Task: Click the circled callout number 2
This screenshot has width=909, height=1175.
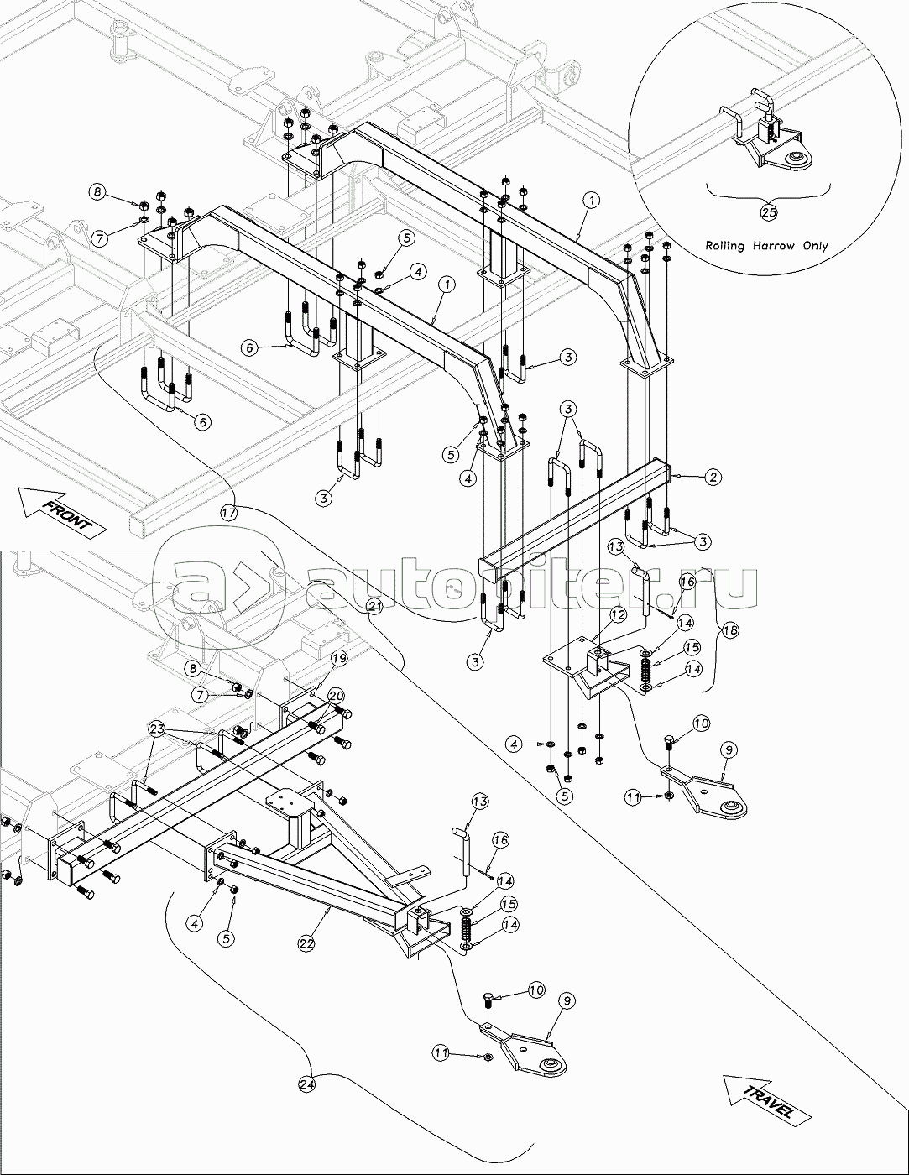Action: (712, 478)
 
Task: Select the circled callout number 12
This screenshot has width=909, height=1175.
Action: (617, 615)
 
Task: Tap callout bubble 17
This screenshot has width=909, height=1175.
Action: (230, 509)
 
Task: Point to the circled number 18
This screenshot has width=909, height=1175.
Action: (730, 630)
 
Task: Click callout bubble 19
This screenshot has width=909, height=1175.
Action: (337, 659)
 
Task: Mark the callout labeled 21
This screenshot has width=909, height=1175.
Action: (374, 606)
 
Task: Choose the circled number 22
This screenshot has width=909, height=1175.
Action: (306, 943)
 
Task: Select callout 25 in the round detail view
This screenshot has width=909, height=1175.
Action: (769, 212)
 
